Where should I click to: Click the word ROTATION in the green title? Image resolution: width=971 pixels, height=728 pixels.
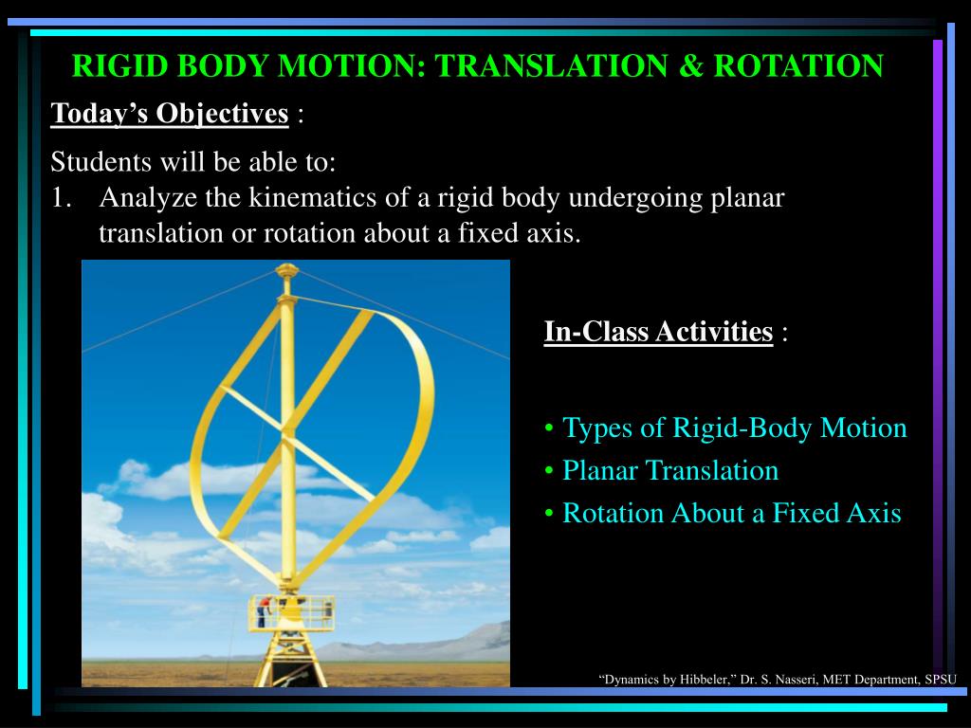coord(798,65)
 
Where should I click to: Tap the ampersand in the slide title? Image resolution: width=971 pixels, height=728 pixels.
coord(691,65)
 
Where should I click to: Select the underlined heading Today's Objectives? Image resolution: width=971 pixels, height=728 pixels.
coord(170,114)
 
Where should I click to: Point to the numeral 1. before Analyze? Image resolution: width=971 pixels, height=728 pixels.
coord(62,197)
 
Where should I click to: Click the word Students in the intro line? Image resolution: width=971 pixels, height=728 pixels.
coord(101,161)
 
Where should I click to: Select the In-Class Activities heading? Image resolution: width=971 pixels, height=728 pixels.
coord(658,331)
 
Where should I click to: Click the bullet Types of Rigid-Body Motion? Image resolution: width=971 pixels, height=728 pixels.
coord(734,428)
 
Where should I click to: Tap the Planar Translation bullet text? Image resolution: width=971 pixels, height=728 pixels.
coord(670,470)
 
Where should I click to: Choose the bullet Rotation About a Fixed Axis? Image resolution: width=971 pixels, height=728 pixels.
coord(731,513)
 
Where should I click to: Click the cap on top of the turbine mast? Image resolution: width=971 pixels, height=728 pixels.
coord(286,270)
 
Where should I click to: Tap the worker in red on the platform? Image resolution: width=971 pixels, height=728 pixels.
coord(264,611)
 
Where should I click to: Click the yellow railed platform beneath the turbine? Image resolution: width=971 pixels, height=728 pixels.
coord(291,613)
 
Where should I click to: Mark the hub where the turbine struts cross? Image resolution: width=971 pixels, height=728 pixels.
coord(285,431)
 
